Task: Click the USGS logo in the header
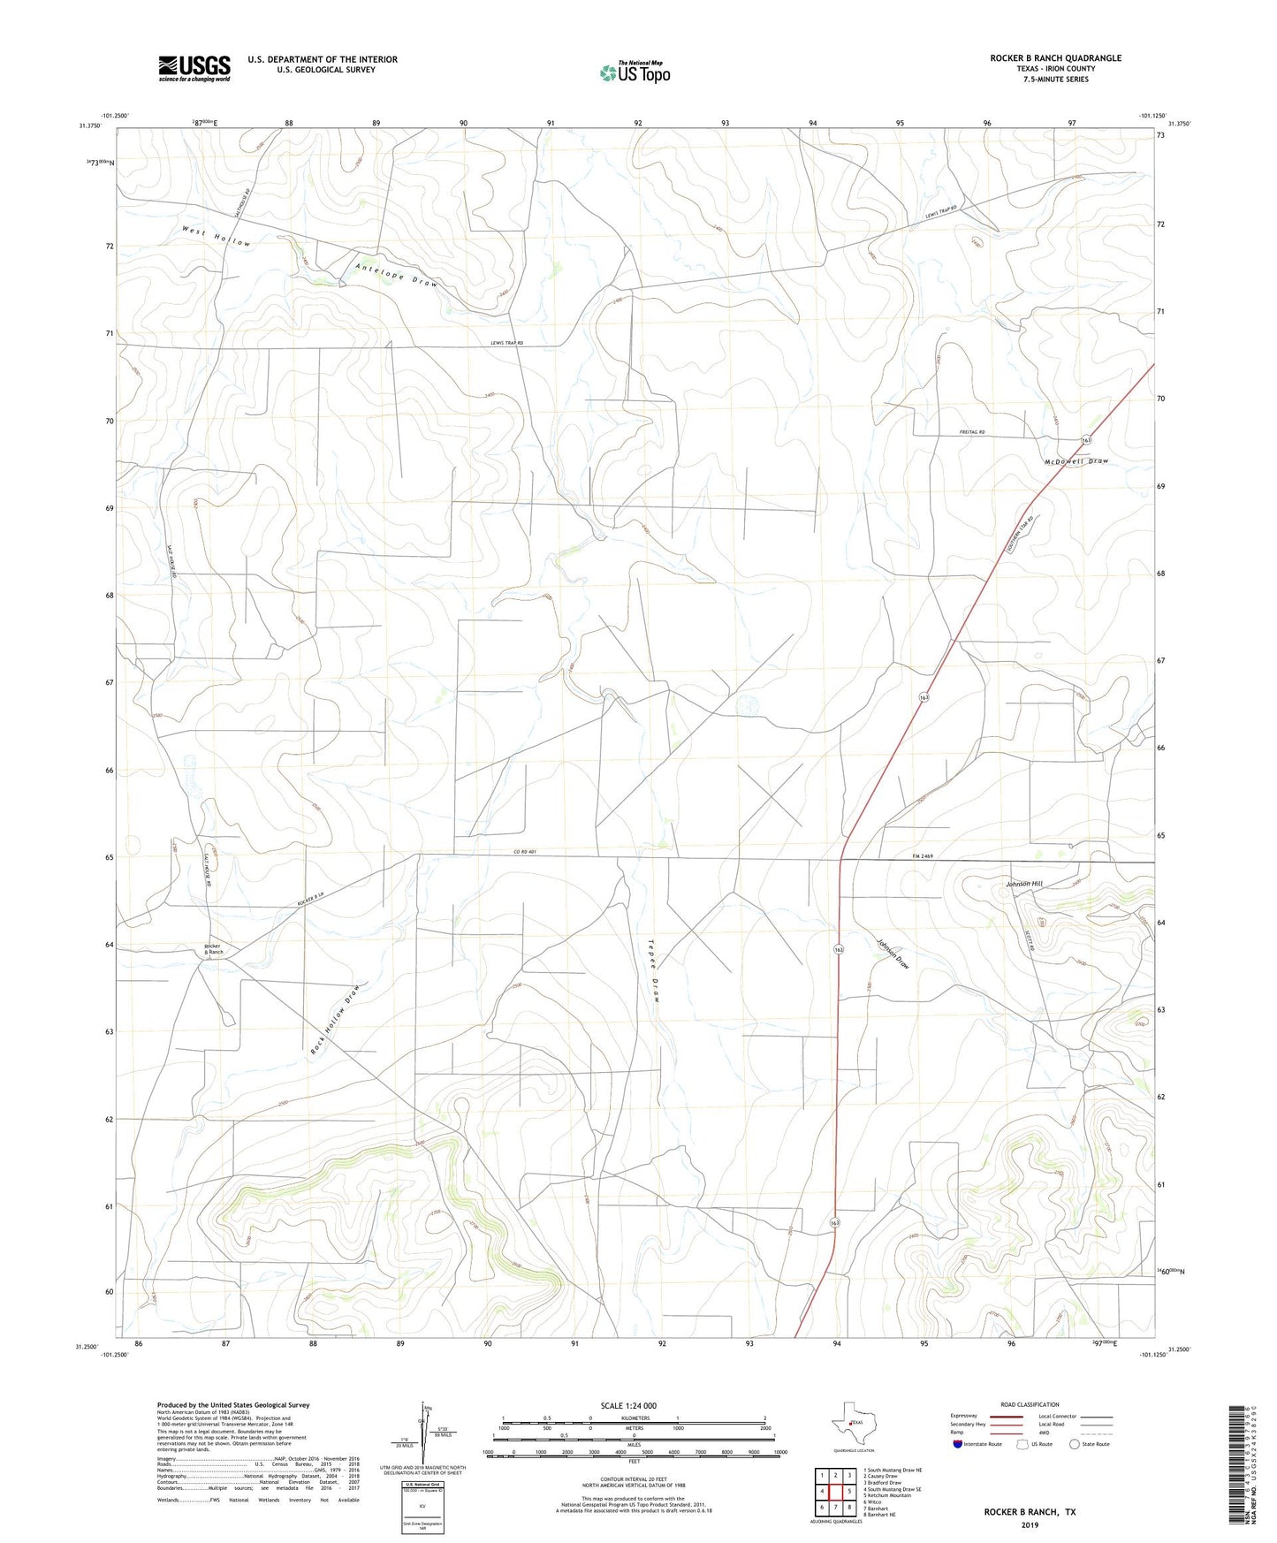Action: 194,68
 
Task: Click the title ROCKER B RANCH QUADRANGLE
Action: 1055,58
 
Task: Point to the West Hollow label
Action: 217,238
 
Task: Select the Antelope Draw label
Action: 397,275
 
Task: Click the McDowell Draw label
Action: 1076,461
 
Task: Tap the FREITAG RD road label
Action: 972,432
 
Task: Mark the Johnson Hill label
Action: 1023,884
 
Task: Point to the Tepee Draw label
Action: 655,969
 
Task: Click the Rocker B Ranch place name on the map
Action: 214,949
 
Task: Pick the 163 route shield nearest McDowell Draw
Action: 1085,440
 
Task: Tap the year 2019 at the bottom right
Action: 1030,1524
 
